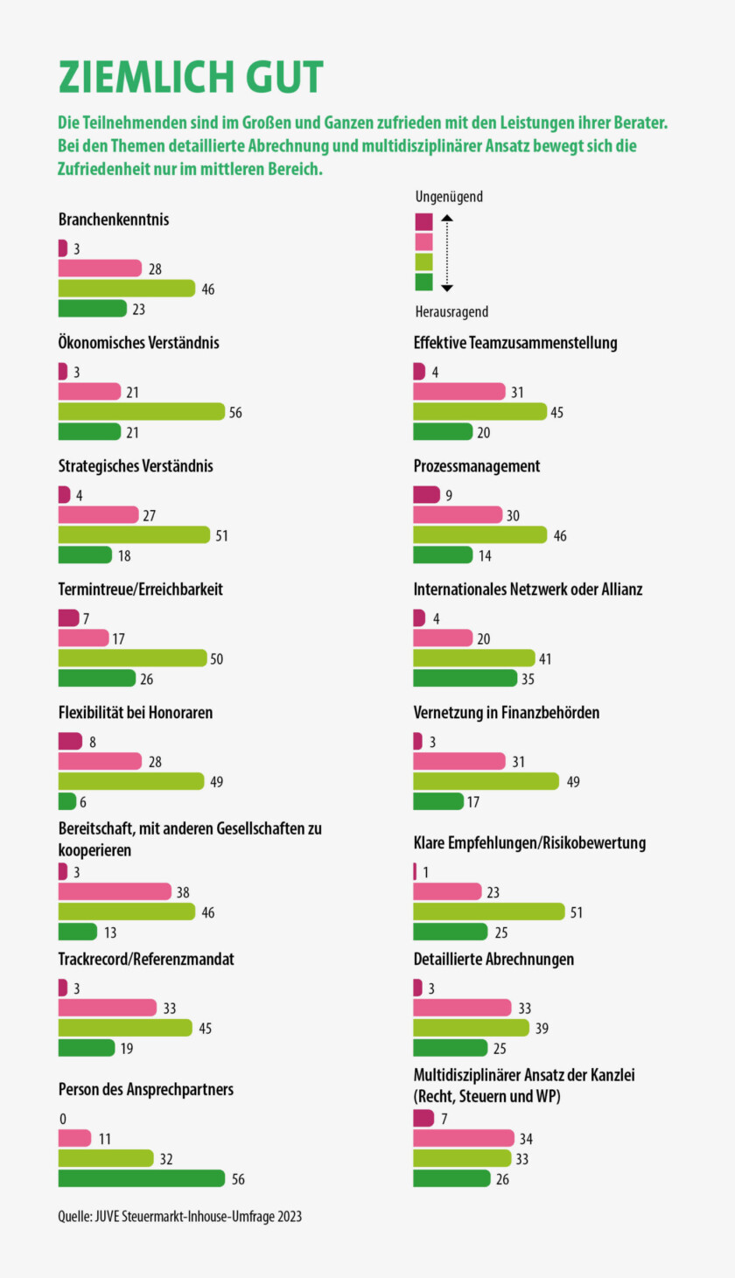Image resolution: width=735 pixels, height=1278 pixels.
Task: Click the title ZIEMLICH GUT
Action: click(191, 77)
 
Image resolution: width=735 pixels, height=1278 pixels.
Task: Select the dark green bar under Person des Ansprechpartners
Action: click(141, 1178)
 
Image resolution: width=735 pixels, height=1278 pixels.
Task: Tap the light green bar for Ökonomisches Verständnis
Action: click(141, 412)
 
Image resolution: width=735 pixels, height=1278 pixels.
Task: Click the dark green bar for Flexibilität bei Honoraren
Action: click(67, 801)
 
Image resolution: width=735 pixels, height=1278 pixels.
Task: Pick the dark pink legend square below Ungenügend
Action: click(423, 221)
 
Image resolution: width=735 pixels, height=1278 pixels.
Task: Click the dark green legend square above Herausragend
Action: click(423, 282)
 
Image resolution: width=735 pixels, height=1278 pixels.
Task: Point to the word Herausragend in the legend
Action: click(451, 311)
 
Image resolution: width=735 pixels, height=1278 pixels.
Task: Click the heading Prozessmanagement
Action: click(476, 466)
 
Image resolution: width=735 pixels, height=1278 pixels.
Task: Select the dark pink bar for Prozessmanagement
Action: click(426, 495)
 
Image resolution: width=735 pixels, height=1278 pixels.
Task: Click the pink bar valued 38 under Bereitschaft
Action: click(114, 891)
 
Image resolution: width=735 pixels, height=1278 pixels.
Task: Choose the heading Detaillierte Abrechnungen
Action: click(493, 959)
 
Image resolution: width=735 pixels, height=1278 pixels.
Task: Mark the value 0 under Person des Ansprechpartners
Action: click(63, 1119)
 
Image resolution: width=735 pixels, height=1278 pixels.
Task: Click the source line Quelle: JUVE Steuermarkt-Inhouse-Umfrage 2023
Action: click(179, 1216)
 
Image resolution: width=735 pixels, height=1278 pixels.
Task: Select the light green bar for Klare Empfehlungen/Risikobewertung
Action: click(488, 911)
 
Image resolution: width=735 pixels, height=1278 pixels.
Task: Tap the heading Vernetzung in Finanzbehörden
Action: click(506, 713)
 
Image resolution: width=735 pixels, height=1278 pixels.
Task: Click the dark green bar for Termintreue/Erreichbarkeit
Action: click(96, 678)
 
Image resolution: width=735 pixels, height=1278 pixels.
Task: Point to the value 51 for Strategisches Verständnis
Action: click(221, 535)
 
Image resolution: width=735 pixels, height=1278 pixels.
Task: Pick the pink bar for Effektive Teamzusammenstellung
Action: click(458, 392)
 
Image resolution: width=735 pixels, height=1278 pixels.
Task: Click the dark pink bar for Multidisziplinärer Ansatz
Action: click(423, 1118)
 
